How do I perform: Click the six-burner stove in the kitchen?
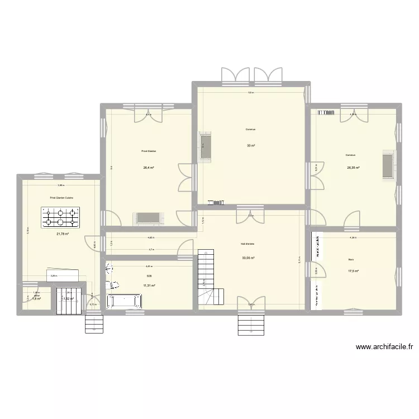coord(60,215)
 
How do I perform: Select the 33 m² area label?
coord(251,146)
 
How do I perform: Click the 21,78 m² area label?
coord(62,234)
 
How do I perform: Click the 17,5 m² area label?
coord(354,272)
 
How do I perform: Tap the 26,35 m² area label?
coord(353,168)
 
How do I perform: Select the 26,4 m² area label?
coord(148,167)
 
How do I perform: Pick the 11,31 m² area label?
coord(149,285)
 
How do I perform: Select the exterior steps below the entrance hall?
coord(250,325)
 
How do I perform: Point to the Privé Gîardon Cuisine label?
coord(61,197)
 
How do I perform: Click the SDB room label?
coord(149,276)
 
